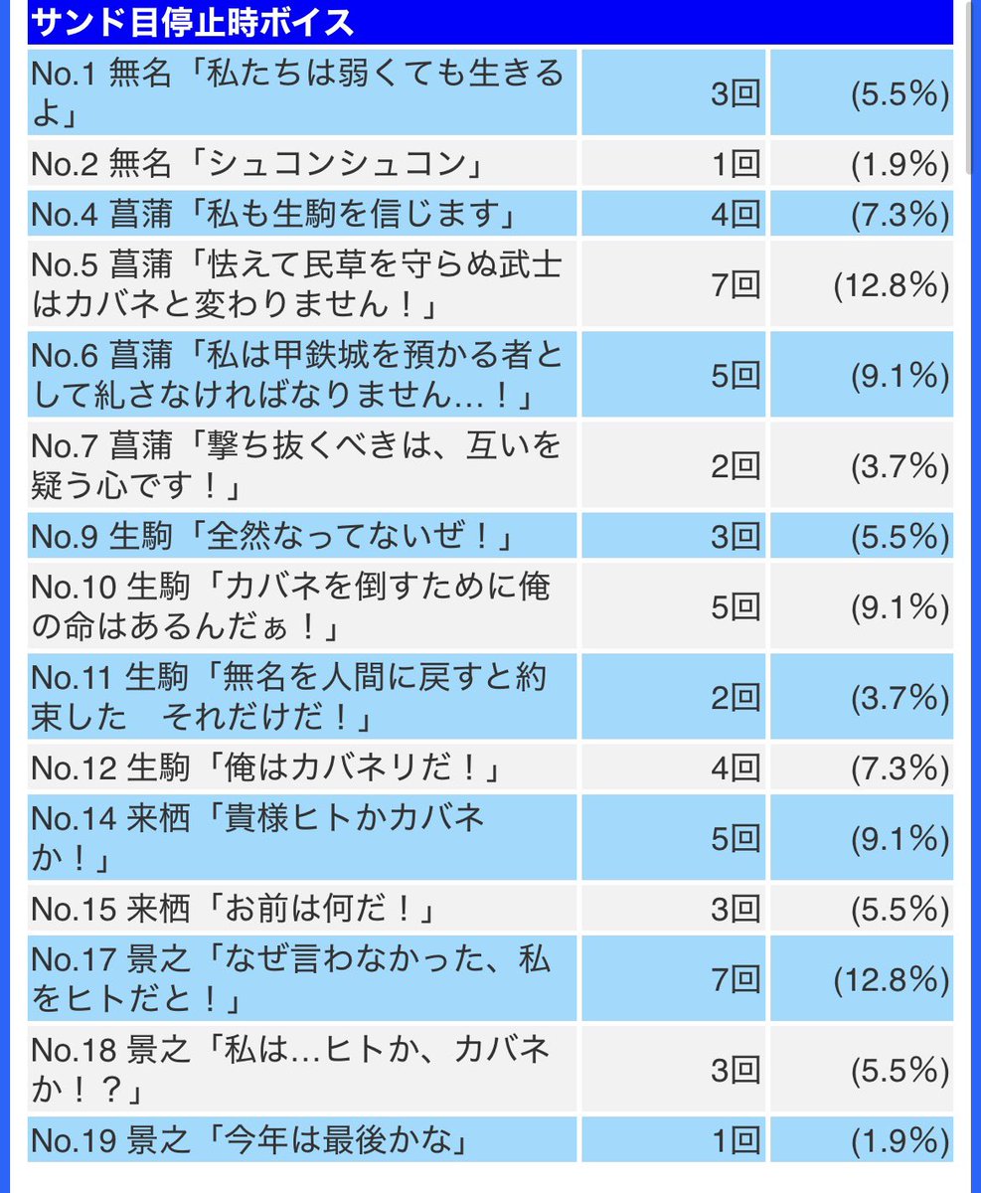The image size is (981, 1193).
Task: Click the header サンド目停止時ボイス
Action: [192, 22]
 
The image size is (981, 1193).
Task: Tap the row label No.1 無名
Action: [100, 74]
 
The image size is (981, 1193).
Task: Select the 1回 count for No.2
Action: [736, 164]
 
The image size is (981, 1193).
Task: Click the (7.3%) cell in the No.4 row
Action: [900, 214]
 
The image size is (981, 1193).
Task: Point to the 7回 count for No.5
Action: [736, 284]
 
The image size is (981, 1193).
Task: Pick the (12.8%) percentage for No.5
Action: [892, 284]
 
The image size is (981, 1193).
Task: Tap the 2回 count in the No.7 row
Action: [736, 466]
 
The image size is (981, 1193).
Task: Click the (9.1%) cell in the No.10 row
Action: [900, 607]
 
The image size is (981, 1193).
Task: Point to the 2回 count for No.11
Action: [736, 697]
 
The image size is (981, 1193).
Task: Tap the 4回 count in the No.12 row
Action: [736, 767]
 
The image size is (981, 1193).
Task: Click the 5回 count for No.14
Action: [736, 838]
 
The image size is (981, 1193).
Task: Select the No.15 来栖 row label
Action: [110, 909]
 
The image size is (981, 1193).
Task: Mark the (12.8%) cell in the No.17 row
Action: [892, 979]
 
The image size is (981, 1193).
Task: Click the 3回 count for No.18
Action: [736, 1070]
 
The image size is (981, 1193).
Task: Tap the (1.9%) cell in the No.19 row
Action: [900, 1140]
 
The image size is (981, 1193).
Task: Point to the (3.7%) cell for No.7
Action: [900, 466]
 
